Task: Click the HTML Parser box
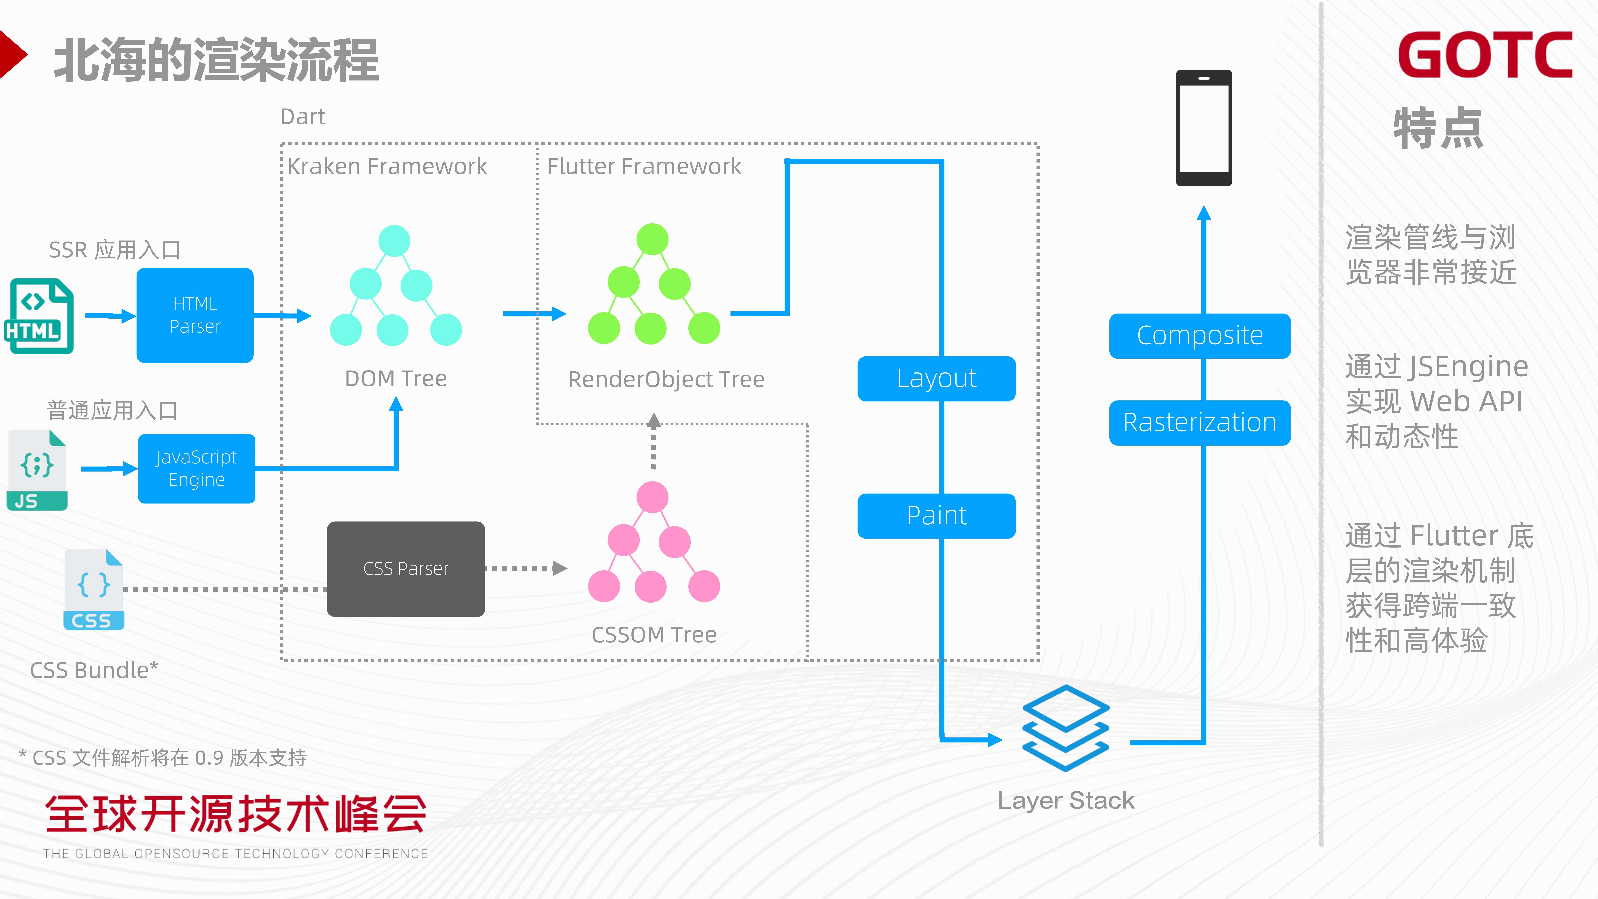coord(195,315)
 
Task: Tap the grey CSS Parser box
coord(406,568)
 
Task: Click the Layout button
coord(936,378)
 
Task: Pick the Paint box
coord(936,516)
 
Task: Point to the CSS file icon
coord(94,589)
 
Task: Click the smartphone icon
coord(1203,128)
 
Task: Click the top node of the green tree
coord(652,239)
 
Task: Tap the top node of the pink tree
coord(652,497)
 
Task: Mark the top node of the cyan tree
coord(394,241)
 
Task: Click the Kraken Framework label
coord(387,166)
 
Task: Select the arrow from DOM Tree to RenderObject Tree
coord(534,314)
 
